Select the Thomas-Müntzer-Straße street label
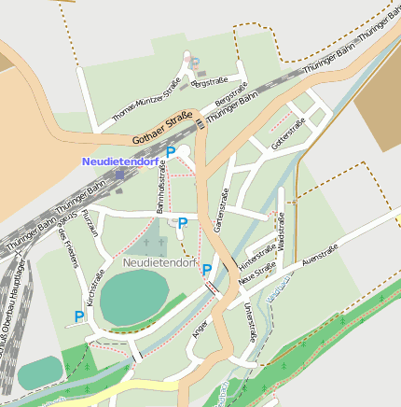coord(145,101)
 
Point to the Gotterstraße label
coord(287,136)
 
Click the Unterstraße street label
coord(249,321)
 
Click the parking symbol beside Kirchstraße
coord(78,317)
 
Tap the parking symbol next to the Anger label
coord(207,270)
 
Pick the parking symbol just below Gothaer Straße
coord(171,151)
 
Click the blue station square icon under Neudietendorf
coord(119,174)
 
